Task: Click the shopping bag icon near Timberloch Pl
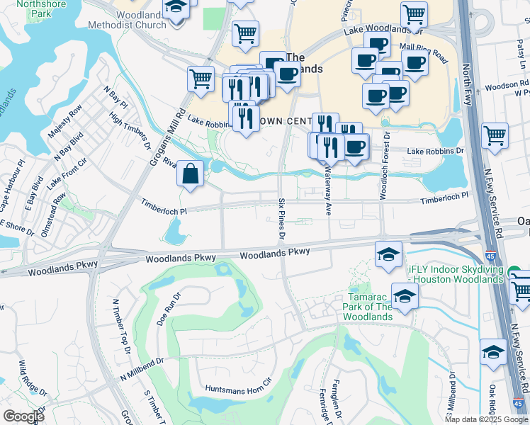191,174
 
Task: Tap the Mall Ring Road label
424,52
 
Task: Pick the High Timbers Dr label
130,127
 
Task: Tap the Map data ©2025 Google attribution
486,419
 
